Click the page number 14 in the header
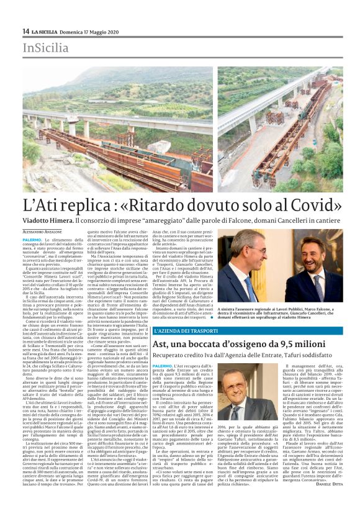pyautogui.click(x=26, y=31)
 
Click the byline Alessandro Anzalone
pyautogui.click(x=47, y=230)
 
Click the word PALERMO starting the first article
pyautogui.click(x=32, y=238)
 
